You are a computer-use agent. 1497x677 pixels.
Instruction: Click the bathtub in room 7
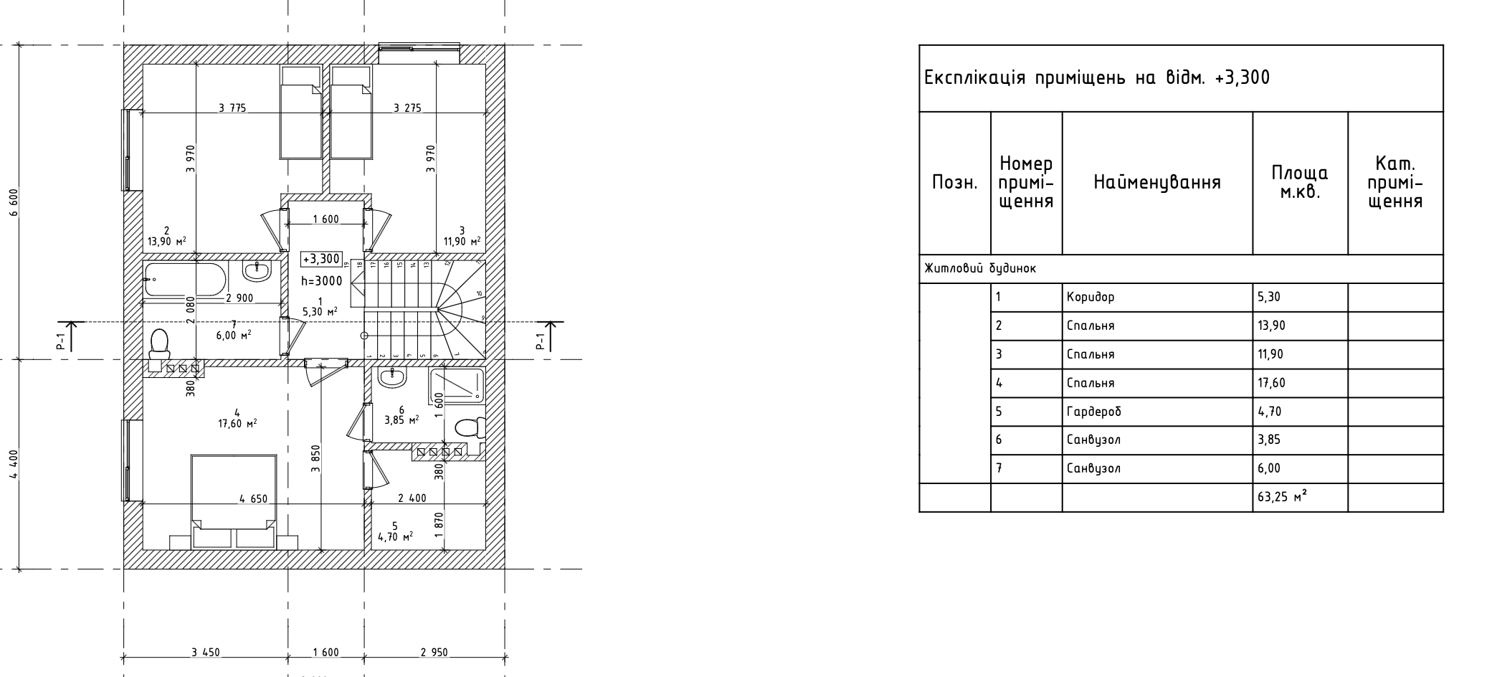point(186,280)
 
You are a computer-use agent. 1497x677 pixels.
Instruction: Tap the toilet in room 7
point(159,344)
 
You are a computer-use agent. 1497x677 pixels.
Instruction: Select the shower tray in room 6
point(457,385)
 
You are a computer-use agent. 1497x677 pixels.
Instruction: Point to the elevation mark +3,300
point(322,259)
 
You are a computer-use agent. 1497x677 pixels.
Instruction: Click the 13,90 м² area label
point(167,242)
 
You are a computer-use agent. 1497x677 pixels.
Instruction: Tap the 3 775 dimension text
point(232,108)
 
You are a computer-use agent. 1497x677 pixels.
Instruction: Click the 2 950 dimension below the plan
point(434,653)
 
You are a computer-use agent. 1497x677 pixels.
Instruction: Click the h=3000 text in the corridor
point(322,281)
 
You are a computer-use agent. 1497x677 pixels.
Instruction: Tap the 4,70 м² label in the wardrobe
point(395,536)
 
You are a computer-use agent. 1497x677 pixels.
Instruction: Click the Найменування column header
point(1156,183)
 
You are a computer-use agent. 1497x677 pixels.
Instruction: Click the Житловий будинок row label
point(979,269)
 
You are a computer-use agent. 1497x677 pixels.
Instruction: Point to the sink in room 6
point(392,377)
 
